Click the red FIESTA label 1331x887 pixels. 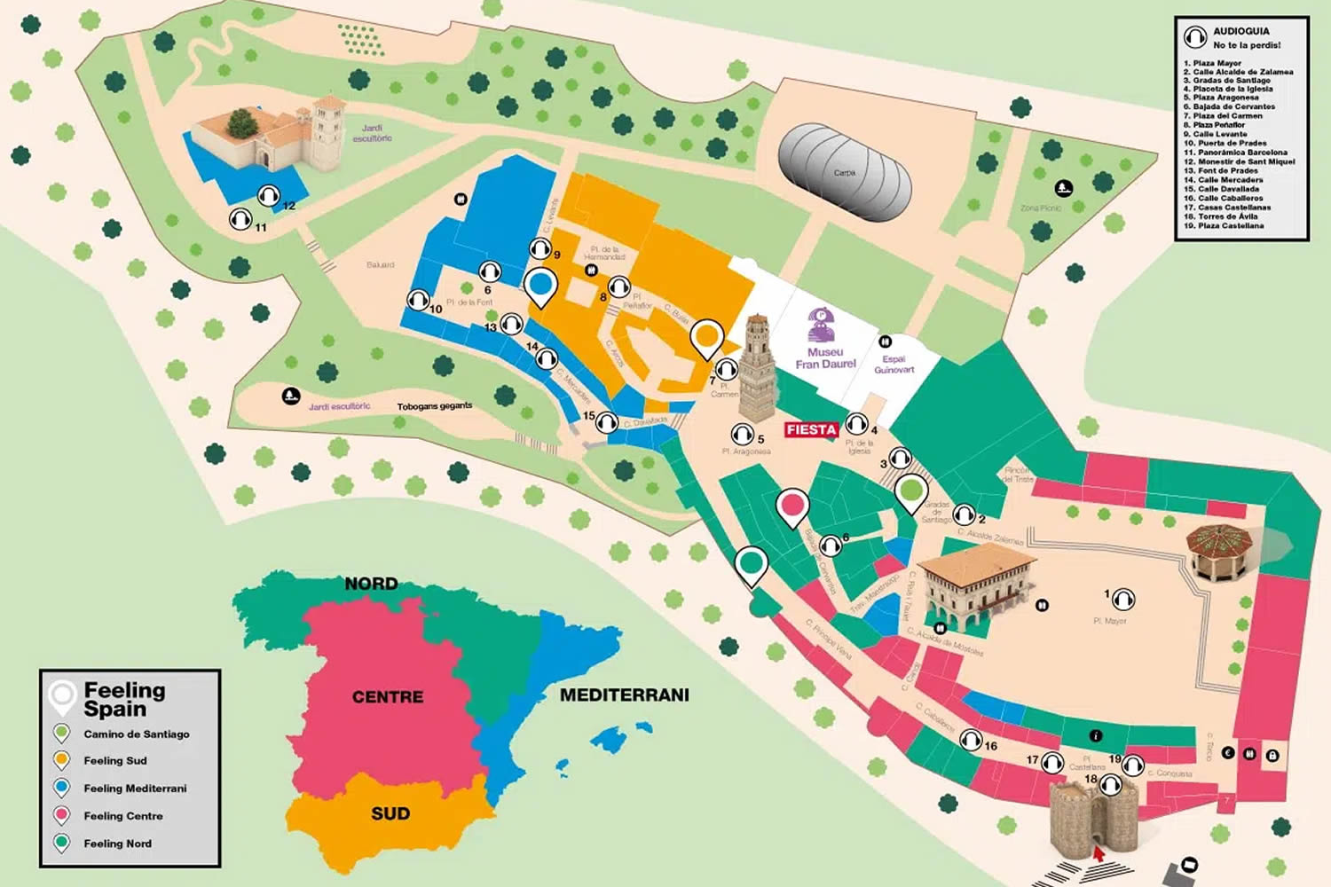click(811, 430)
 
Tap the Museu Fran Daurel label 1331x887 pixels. click(825, 357)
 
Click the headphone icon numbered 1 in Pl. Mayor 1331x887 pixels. click(1123, 600)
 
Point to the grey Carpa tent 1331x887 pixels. click(844, 173)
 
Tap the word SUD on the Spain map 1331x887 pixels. click(390, 813)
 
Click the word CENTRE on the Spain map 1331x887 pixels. click(388, 697)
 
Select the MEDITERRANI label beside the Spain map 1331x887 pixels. click(624, 695)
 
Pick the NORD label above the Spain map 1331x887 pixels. click(371, 584)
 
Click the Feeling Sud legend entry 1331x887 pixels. click(114, 761)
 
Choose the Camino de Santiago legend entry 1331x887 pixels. click(136, 734)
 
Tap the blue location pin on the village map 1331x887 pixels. click(539, 287)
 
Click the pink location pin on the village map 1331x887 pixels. click(792, 506)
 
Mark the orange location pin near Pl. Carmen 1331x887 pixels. click(706, 337)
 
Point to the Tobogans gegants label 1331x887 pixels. click(434, 406)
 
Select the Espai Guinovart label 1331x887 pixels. click(894, 365)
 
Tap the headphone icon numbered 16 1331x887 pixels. click(970, 739)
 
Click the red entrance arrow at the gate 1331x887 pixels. click(1099, 854)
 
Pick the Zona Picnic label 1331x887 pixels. click(1040, 208)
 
